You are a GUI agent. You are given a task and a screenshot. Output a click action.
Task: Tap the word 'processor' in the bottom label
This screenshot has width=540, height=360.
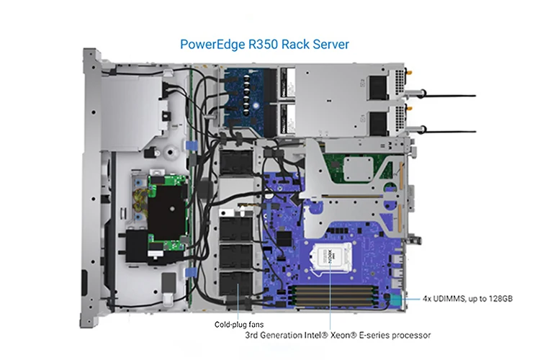tap(406, 336)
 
